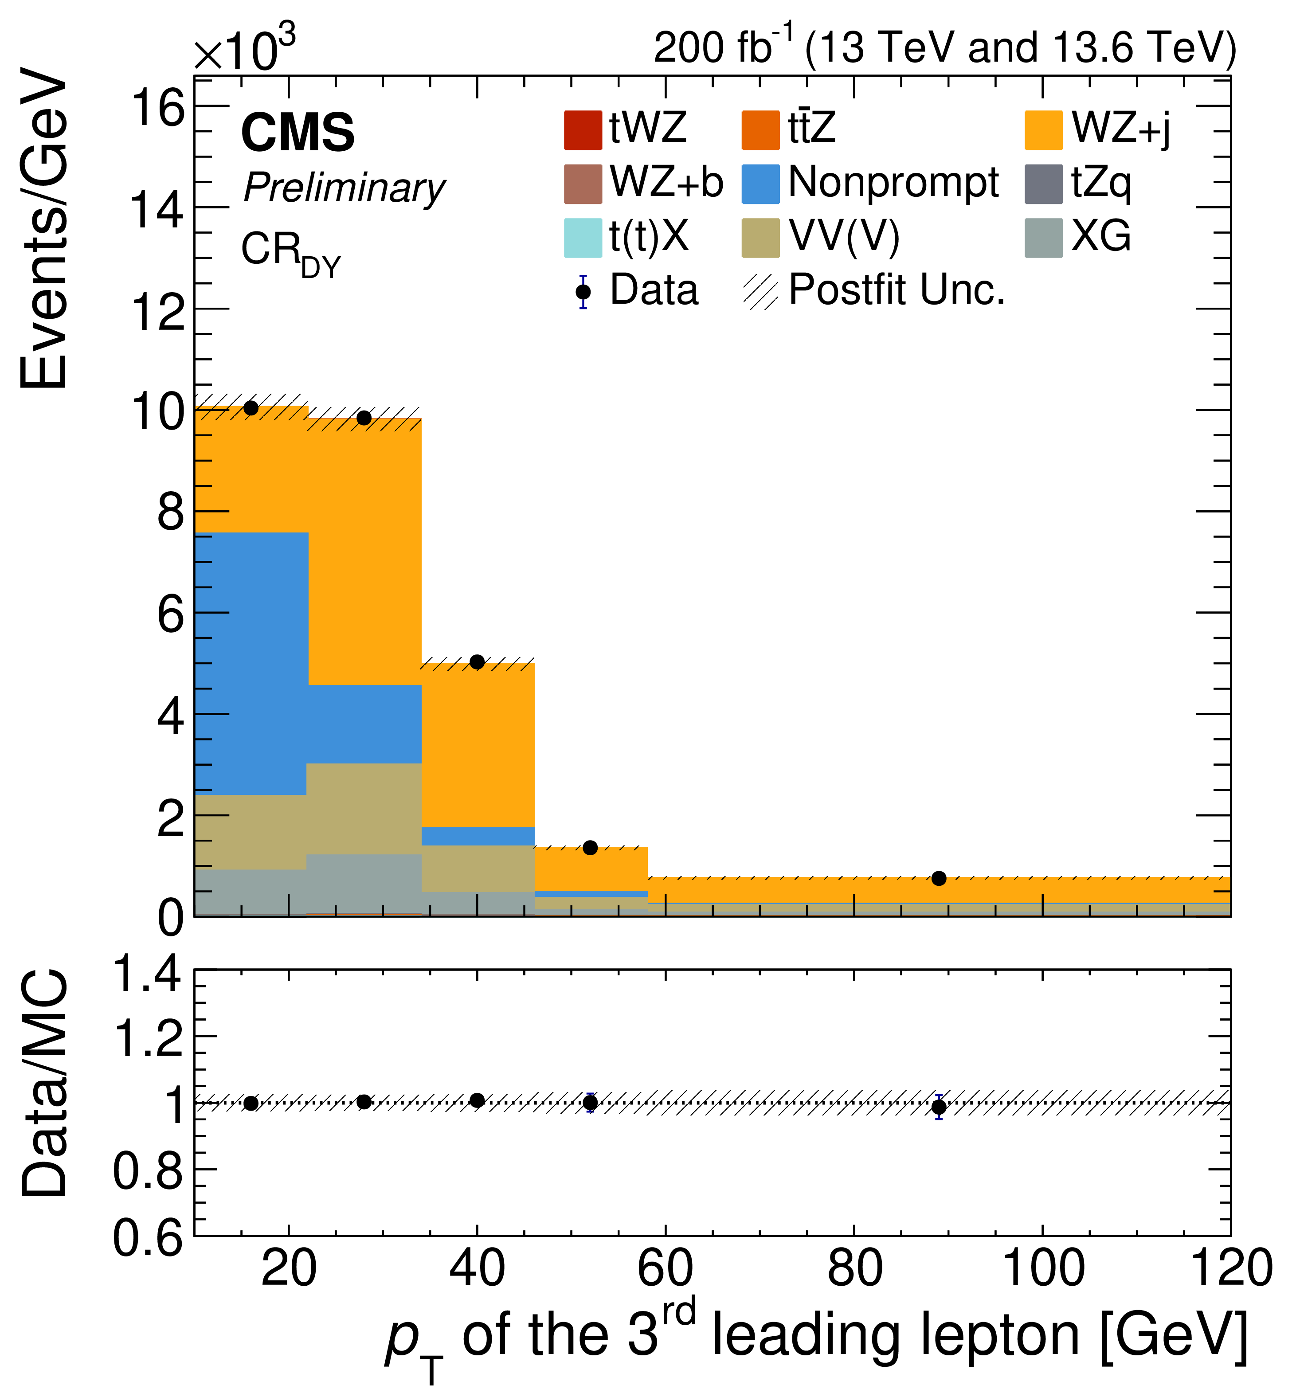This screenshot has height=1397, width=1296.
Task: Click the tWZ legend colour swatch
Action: pyautogui.click(x=582, y=130)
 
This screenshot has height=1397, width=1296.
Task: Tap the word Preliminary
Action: pyautogui.click(x=344, y=188)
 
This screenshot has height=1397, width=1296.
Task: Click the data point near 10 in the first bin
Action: pyautogui.click(x=251, y=408)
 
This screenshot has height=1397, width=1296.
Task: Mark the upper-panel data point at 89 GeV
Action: pyautogui.click(x=939, y=879)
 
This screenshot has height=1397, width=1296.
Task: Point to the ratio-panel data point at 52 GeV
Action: pyautogui.click(x=591, y=1103)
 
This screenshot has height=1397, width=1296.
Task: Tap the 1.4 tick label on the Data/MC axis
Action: pyautogui.click(x=147, y=975)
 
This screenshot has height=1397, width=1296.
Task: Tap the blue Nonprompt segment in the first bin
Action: pyautogui.click(x=251, y=663)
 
